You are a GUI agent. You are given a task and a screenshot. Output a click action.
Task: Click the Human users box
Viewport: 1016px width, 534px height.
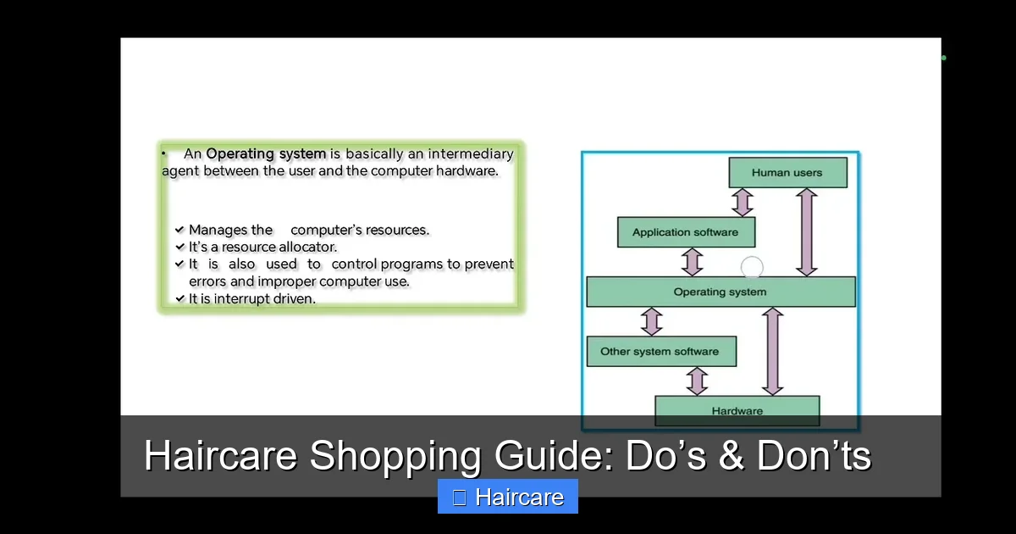(x=787, y=172)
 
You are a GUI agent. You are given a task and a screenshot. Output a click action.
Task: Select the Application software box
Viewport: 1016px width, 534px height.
(x=686, y=232)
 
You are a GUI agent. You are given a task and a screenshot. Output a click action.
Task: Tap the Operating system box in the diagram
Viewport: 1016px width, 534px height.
(x=721, y=292)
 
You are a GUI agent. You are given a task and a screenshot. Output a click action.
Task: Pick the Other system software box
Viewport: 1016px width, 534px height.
(x=660, y=351)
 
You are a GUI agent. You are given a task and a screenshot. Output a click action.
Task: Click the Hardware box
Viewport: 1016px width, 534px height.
(x=737, y=410)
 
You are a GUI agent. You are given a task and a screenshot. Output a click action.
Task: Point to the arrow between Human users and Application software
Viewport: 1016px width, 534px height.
(x=743, y=202)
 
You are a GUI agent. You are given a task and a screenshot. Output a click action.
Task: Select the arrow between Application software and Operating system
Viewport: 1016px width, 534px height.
(x=693, y=261)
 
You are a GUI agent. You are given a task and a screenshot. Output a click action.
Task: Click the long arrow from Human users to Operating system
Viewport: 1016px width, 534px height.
(x=807, y=231)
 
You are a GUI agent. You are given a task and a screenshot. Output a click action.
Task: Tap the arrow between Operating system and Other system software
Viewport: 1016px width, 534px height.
(x=651, y=321)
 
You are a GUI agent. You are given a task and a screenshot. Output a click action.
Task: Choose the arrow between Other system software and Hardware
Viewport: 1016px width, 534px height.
(x=697, y=381)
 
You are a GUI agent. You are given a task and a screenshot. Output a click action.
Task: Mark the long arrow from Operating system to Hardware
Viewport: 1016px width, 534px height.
(x=772, y=351)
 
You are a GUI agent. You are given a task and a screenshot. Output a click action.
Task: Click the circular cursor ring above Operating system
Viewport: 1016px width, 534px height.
(x=752, y=268)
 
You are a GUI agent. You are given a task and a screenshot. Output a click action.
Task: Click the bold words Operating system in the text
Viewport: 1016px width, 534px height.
(x=266, y=154)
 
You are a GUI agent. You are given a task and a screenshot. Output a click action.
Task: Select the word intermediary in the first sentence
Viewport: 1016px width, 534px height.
(x=471, y=154)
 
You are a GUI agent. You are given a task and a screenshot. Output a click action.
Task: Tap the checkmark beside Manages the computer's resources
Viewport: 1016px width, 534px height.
(x=179, y=230)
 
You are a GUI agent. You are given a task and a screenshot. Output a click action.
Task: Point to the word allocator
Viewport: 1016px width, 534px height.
(x=308, y=247)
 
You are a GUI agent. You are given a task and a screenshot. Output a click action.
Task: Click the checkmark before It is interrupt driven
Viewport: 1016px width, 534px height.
(x=179, y=298)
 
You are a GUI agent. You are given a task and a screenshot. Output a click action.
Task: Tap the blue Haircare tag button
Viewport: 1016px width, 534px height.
(x=508, y=497)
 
